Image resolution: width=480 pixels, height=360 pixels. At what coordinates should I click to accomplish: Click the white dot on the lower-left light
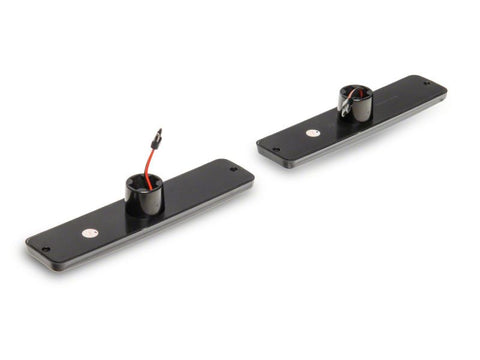click(88, 232)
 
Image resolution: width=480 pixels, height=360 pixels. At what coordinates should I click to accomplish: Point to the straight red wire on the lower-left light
click(150, 157)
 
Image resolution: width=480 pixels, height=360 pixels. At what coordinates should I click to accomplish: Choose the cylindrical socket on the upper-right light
click(356, 103)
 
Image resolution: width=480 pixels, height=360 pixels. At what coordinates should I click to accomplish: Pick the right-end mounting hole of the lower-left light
click(233, 170)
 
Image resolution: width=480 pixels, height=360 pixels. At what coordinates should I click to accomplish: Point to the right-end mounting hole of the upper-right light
click(427, 85)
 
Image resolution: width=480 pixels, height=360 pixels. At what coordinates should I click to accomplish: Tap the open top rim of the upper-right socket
click(356, 91)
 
